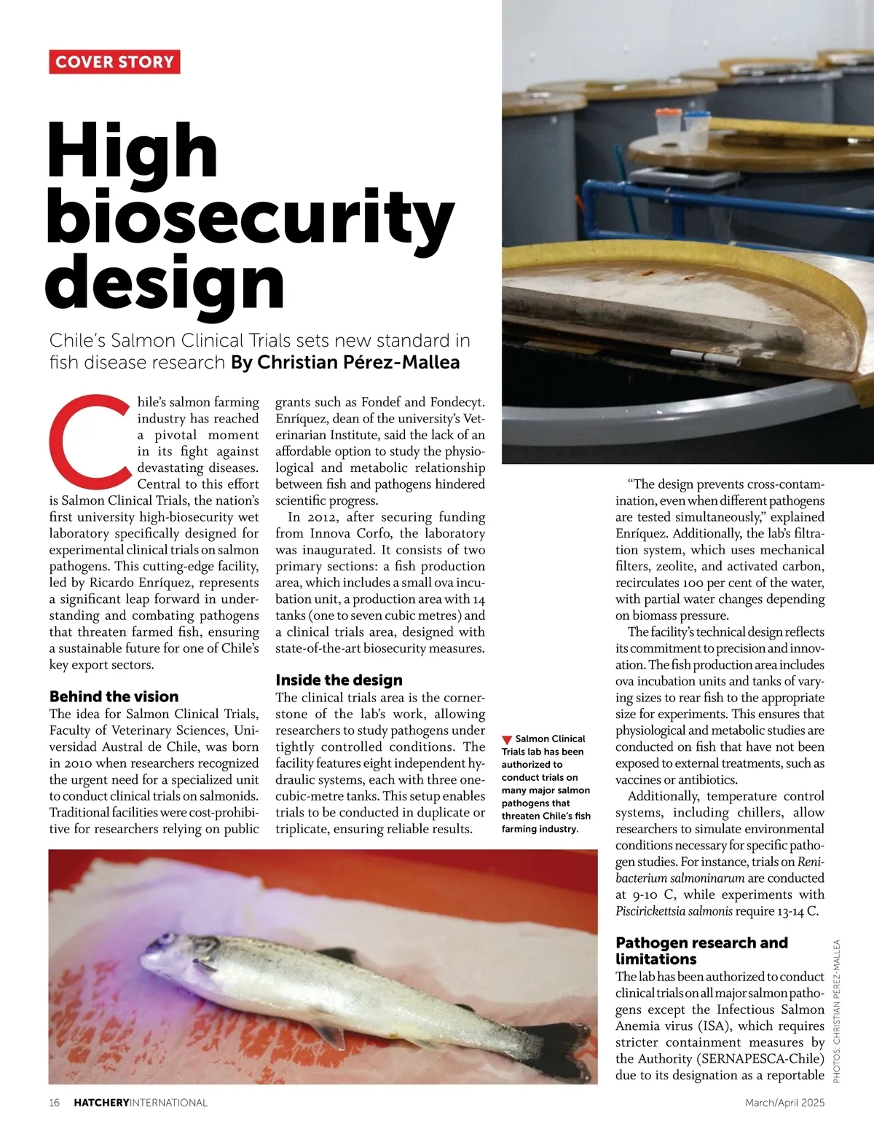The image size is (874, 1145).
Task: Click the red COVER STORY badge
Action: [x=114, y=62]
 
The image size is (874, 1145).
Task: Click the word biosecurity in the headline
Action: [x=250, y=216]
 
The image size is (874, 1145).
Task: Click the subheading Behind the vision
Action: [x=114, y=696]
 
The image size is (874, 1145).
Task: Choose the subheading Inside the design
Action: [x=339, y=680]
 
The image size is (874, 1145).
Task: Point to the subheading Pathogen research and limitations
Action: [x=701, y=951]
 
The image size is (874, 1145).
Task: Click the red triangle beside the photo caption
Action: [x=507, y=739]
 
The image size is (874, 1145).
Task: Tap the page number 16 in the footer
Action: [x=55, y=1103]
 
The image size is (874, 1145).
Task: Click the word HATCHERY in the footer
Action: [x=101, y=1103]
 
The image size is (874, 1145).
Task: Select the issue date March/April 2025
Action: [x=784, y=1103]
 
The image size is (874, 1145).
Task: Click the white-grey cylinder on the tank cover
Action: [x=706, y=357]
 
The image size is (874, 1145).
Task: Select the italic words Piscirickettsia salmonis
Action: [x=674, y=911]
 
